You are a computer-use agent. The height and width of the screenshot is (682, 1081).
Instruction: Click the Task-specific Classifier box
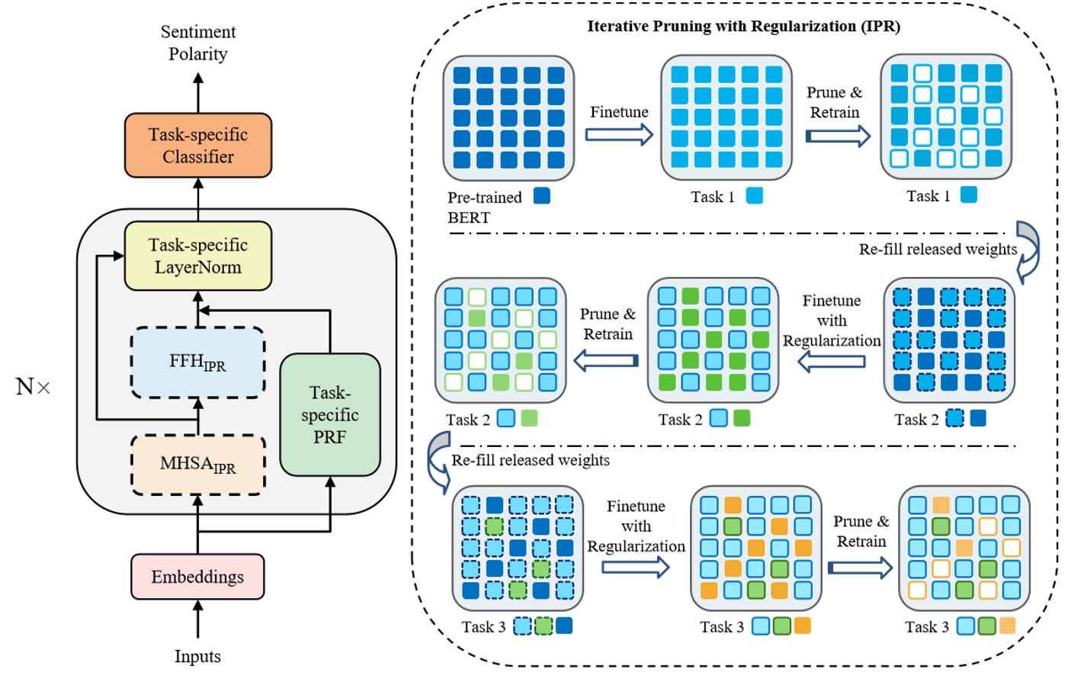[x=198, y=146]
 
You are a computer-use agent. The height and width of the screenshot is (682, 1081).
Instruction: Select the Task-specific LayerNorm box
[x=198, y=256]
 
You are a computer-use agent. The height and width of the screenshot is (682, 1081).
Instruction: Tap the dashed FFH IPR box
[x=198, y=362]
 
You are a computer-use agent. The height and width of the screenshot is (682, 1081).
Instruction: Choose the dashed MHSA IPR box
[x=198, y=465]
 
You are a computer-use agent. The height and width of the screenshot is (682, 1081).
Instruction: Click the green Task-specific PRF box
[x=329, y=415]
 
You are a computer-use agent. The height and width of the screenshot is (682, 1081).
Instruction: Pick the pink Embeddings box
[x=197, y=577]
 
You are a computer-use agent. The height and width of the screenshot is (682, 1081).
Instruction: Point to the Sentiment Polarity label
[x=198, y=43]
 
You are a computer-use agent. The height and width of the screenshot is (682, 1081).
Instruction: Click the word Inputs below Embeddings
[x=197, y=657]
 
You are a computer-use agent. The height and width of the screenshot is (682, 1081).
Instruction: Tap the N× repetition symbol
[x=33, y=387]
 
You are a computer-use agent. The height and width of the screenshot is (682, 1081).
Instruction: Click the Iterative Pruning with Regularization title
[x=743, y=27]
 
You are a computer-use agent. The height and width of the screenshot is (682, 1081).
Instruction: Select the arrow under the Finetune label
[x=619, y=135]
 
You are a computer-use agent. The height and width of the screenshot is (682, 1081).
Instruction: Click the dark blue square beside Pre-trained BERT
[x=542, y=196]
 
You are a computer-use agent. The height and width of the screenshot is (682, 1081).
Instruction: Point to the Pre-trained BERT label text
[x=484, y=207]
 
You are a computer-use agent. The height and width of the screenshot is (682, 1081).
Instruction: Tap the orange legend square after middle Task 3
[x=802, y=626]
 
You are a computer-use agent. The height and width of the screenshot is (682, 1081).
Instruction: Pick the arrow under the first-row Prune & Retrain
[x=838, y=137]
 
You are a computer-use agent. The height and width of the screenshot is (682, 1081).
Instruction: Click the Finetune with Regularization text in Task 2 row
[x=832, y=320]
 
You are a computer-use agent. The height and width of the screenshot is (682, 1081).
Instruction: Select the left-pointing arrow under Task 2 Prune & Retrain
[x=606, y=360]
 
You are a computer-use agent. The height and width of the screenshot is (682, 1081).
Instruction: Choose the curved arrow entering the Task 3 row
[x=439, y=461]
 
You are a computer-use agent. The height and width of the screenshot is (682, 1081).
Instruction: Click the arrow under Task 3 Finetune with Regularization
[x=635, y=567]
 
